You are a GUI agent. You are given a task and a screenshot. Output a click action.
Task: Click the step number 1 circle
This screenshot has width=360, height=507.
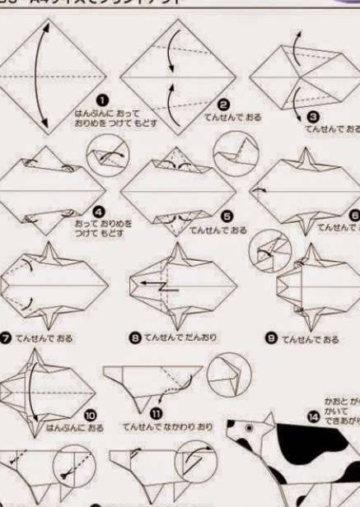[x=103, y=100]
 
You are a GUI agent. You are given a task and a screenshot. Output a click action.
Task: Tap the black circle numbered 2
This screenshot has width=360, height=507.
[x=222, y=105]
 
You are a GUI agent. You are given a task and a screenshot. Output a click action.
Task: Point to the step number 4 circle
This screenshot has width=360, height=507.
[x=100, y=212]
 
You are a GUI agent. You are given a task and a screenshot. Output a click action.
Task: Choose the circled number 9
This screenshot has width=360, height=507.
[x=271, y=338]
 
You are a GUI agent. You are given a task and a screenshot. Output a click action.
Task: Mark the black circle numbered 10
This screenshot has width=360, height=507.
[x=90, y=416]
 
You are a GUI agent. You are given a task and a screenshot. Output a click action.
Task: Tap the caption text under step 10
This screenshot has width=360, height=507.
[x=74, y=428]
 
